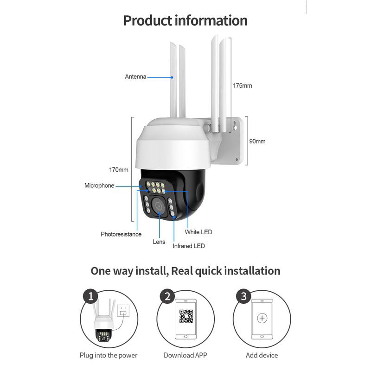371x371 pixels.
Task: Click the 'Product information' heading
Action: pyautogui.click(x=185, y=21)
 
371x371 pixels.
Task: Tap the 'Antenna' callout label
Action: pyautogui.click(x=135, y=77)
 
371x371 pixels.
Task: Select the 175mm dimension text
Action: pyautogui.click(x=243, y=86)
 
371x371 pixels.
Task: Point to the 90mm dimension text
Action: pyautogui.click(x=257, y=141)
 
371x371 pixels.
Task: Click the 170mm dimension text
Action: pyautogui.click(x=119, y=170)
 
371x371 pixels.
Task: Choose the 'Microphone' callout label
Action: pyautogui.click(x=99, y=185)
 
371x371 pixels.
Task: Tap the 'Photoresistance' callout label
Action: pyautogui.click(x=121, y=234)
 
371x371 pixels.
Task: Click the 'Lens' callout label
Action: pyautogui.click(x=159, y=242)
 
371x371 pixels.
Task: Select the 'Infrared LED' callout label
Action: pyautogui.click(x=189, y=246)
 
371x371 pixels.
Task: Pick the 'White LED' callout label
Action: pyautogui.click(x=198, y=232)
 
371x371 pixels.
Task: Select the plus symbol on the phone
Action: pyautogui.click(x=262, y=318)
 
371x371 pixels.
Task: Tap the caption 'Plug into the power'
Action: pyautogui.click(x=109, y=355)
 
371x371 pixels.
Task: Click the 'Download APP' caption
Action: pyautogui.click(x=185, y=355)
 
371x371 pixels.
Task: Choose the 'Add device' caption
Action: pyautogui.click(x=262, y=355)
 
